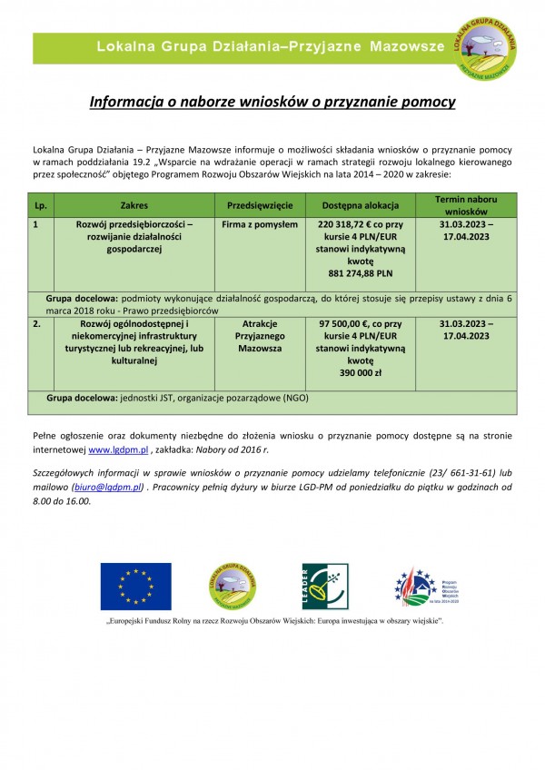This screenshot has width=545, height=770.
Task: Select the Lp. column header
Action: pyautogui.click(x=40, y=205)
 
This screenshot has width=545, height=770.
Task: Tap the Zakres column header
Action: pyautogui.click(x=134, y=205)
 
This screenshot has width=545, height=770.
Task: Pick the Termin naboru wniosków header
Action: pyautogui.click(x=464, y=205)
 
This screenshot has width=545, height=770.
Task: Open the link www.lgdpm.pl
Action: pyautogui.click(x=118, y=449)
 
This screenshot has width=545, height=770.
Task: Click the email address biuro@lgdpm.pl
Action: pyautogui.click(x=108, y=488)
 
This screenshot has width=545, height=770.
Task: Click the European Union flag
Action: pyautogui.click(x=135, y=585)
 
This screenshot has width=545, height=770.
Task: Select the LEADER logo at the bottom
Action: pyautogui.click(x=324, y=587)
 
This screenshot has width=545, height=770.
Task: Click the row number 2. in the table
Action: pyautogui.click(x=37, y=324)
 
